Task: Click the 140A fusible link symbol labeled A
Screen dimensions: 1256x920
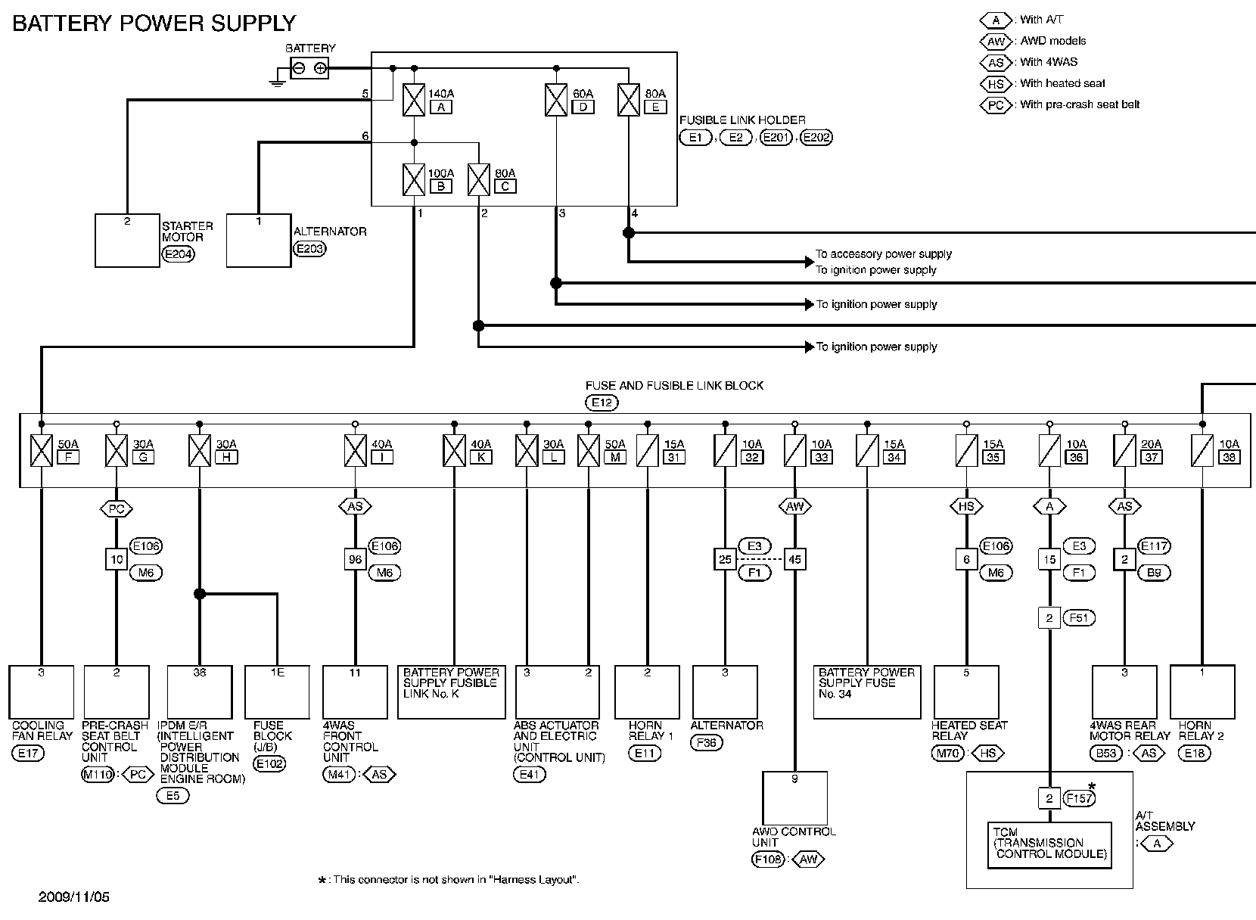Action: (414, 101)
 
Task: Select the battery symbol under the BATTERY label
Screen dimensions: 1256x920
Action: (309, 68)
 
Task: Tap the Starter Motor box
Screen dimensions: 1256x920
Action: (127, 241)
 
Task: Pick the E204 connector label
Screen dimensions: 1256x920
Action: (179, 254)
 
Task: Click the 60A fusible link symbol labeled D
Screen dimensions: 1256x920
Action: (556, 101)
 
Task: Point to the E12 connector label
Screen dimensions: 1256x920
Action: (602, 402)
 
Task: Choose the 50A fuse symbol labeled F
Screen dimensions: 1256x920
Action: (42, 451)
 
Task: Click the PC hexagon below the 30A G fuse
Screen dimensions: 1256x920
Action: (116, 509)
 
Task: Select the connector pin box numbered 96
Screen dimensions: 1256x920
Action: (355, 560)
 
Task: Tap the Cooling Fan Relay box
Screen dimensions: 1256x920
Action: (42, 692)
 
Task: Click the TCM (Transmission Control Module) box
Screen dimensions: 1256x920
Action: (1049, 845)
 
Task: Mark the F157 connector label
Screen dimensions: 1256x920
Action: (1080, 798)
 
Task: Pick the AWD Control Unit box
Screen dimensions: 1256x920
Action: (794, 798)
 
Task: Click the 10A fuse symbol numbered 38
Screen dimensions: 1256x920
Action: (1202, 451)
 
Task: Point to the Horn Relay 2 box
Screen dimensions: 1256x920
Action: (1202, 692)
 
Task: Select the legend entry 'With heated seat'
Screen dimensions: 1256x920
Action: (1062, 83)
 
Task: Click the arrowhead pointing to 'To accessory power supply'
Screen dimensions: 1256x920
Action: (809, 262)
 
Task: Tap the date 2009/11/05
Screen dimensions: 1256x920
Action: (74, 897)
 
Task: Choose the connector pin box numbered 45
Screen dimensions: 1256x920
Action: (794, 560)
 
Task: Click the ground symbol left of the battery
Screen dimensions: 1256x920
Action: (277, 79)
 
